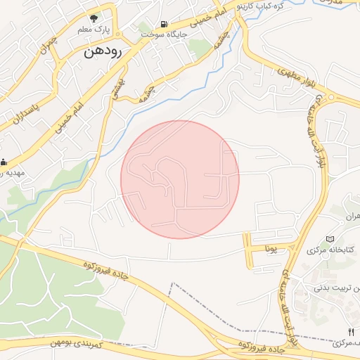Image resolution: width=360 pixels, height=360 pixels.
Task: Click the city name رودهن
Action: click(x=103, y=52)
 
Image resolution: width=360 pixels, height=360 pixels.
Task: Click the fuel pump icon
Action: click(x=163, y=23)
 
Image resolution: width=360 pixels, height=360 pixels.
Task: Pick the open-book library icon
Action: click(x=331, y=240)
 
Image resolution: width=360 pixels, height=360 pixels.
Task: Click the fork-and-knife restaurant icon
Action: click(x=351, y=331)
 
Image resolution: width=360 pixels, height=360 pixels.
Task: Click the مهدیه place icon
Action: click(x=4, y=161)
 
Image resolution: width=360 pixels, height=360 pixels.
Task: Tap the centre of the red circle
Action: click(x=180, y=179)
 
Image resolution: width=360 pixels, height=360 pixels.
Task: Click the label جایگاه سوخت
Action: click(x=162, y=33)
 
